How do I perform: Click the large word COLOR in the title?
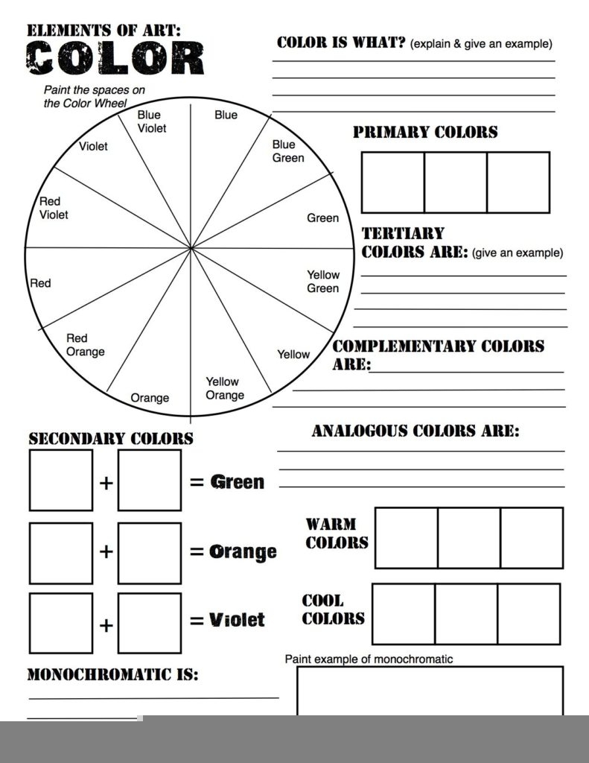tap(115, 58)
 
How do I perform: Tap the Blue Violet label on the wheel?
tap(151, 121)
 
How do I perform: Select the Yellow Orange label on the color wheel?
tap(223, 388)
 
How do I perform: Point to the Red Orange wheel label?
tap(85, 345)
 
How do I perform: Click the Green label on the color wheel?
tap(322, 218)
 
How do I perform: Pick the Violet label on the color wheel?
tap(93, 146)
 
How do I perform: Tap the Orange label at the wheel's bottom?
tap(150, 398)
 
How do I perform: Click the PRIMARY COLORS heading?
tap(425, 133)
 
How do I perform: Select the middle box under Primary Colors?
tap(455, 182)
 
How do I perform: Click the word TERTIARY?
tap(403, 233)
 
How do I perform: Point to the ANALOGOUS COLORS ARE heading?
tap(416, 431)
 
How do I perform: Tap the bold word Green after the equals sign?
tap(238, 482)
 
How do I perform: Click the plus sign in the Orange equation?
tap(106, 551)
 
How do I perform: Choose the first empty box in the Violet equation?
tap(61, 623)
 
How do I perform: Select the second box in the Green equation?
tap(149, 480)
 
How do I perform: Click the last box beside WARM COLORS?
tap(531, 537)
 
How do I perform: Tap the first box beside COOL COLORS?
tap(403, 613)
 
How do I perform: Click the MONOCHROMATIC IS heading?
tap(112, 675)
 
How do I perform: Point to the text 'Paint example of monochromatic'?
tap(369, 659)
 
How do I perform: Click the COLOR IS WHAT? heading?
tap(341, 42)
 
